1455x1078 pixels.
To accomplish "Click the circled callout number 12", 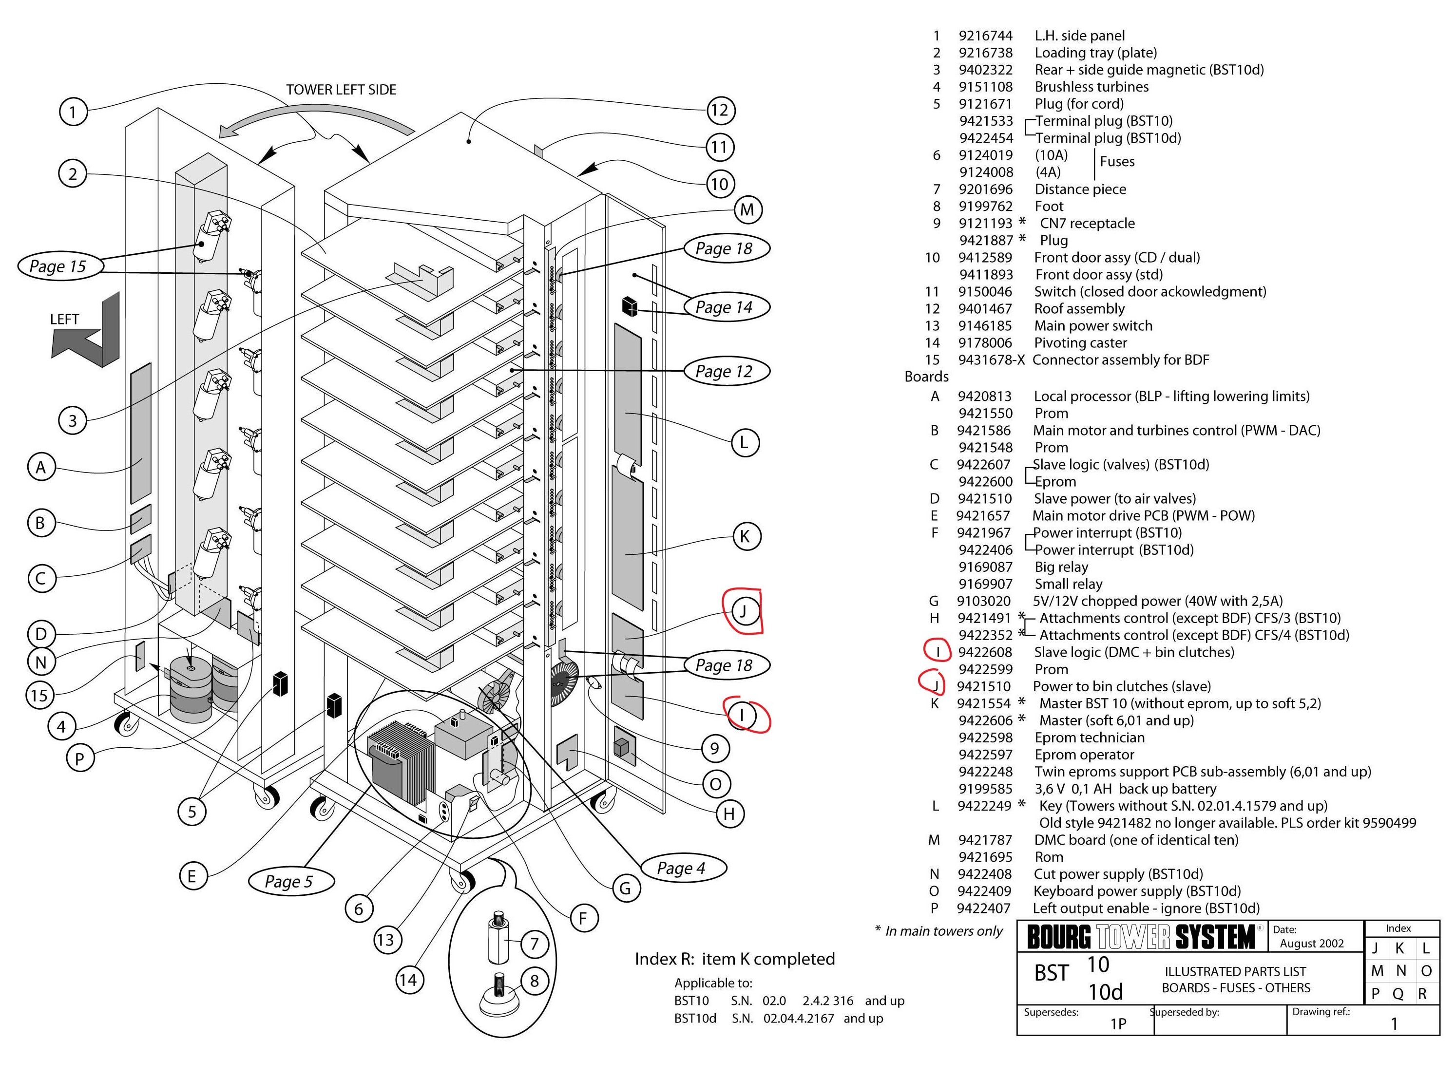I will click(719, 110).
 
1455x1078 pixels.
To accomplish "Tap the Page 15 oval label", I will click(57, 266).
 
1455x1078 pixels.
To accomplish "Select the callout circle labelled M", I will click(747, 209).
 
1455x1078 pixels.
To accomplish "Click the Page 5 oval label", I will click(288, 882).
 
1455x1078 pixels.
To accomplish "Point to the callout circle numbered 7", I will click(534, 943).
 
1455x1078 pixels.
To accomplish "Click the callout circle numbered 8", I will click(534, 981).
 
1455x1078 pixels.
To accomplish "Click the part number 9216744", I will click(985, 36).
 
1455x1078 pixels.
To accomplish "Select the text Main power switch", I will click(1093, 325).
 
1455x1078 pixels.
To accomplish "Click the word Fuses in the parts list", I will click(1117, 162).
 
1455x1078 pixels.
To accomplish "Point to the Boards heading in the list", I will click(926, 377).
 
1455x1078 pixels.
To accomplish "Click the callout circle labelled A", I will click(41, 467).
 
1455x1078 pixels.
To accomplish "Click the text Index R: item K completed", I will click(734, 959).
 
